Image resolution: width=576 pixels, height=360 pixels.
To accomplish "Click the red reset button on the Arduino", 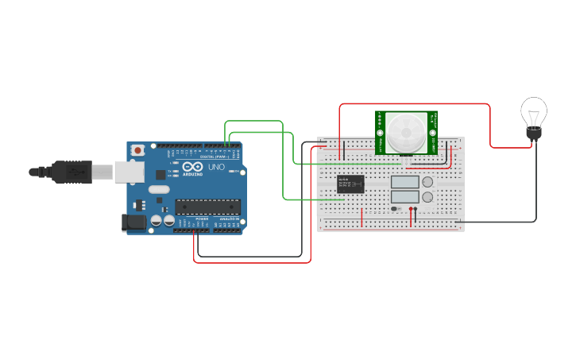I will [x=138, y=149].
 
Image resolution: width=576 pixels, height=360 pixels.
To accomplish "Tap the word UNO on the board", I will [x=216, y=168].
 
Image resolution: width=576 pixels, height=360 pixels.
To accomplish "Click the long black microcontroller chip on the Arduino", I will [x=207, y=207].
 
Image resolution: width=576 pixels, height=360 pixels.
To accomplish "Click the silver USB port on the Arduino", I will [x=128, y=172].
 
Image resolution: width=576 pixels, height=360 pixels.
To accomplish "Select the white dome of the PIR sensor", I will [x=406, y=130].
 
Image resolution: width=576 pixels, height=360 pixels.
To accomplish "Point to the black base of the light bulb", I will [x=534, y=135].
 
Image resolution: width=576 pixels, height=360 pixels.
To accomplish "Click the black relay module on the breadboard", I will [x=350, y=184].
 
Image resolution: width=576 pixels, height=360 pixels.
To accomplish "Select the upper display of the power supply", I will [x=404, y=182].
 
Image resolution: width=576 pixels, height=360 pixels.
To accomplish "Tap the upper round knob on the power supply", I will [x=427, y=182].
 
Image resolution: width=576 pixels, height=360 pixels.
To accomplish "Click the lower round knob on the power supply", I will [x=427, y=196].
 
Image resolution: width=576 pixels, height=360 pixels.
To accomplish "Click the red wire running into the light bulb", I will [x=490, y=127].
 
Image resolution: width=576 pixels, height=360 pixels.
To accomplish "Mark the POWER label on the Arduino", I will [x=203, y=219].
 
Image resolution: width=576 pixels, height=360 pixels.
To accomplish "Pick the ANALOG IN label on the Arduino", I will [x=227, y=219].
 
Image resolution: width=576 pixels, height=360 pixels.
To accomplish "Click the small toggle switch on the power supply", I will [x=395, y=209].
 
